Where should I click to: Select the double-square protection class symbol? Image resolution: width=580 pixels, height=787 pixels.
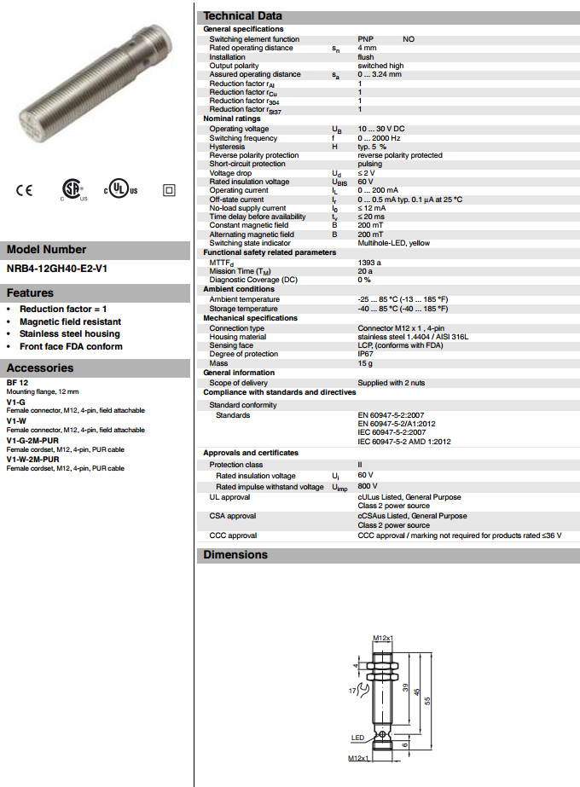pyautogui.click(x=168, y=189)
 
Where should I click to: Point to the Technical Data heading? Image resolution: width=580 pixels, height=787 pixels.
pyautogui.click(x=242, y=16)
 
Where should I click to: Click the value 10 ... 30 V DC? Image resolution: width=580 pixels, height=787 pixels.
pyautogui.click(x=380, y=129)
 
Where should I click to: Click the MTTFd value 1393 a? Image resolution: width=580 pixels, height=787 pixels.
pyautogui.click(x=369, y=263)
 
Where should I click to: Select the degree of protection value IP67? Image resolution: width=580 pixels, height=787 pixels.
pyautogui.click(x=365, y=354)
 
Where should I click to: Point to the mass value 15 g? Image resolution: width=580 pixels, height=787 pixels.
pyautogui.click(x=365, y=363)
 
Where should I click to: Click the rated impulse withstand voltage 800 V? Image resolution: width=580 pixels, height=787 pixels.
pyautogui.click(x=368, y=487)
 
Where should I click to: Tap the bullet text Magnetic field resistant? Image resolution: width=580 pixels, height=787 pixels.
pyautogui.click(x=71, y=321)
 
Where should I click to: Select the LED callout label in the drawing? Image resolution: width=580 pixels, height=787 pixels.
pyautogui.click(x=358, y=738)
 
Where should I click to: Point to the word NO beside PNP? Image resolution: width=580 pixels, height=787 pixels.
pyautogui.click(x=409, y=39)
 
